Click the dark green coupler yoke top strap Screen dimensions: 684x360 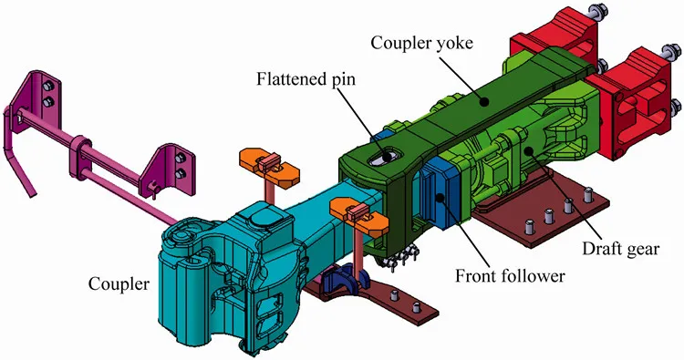click(474, 100)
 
